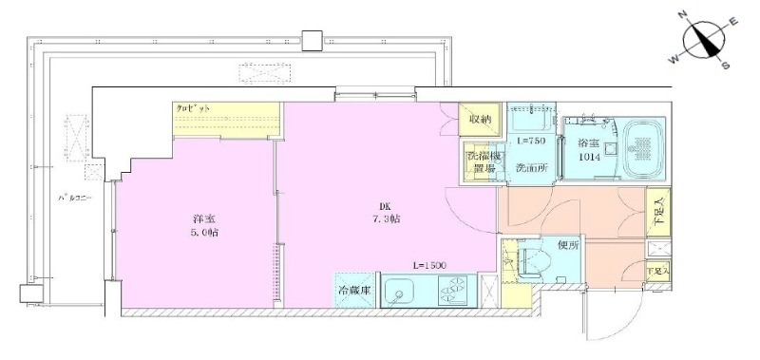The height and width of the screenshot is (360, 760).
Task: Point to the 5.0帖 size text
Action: click(x=204, y=233)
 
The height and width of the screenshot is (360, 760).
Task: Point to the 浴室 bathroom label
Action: click(x=588, y=143)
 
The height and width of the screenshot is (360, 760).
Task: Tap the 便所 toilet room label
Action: click(x=569, y=246)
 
